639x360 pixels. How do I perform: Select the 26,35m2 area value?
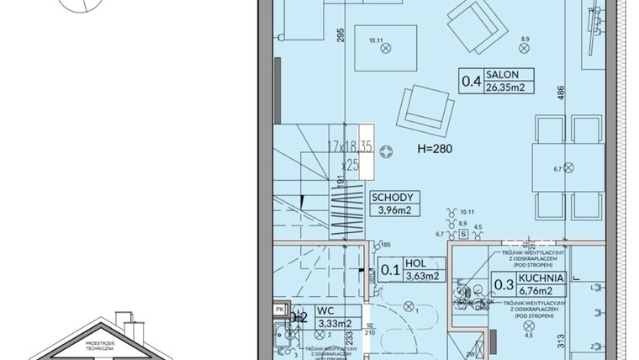click(x=504, y=87)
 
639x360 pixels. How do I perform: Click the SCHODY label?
click(x=393, y=199)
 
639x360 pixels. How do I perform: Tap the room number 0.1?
click(x=390, y=270)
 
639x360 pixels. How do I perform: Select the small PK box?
click(x=278, y=310)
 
